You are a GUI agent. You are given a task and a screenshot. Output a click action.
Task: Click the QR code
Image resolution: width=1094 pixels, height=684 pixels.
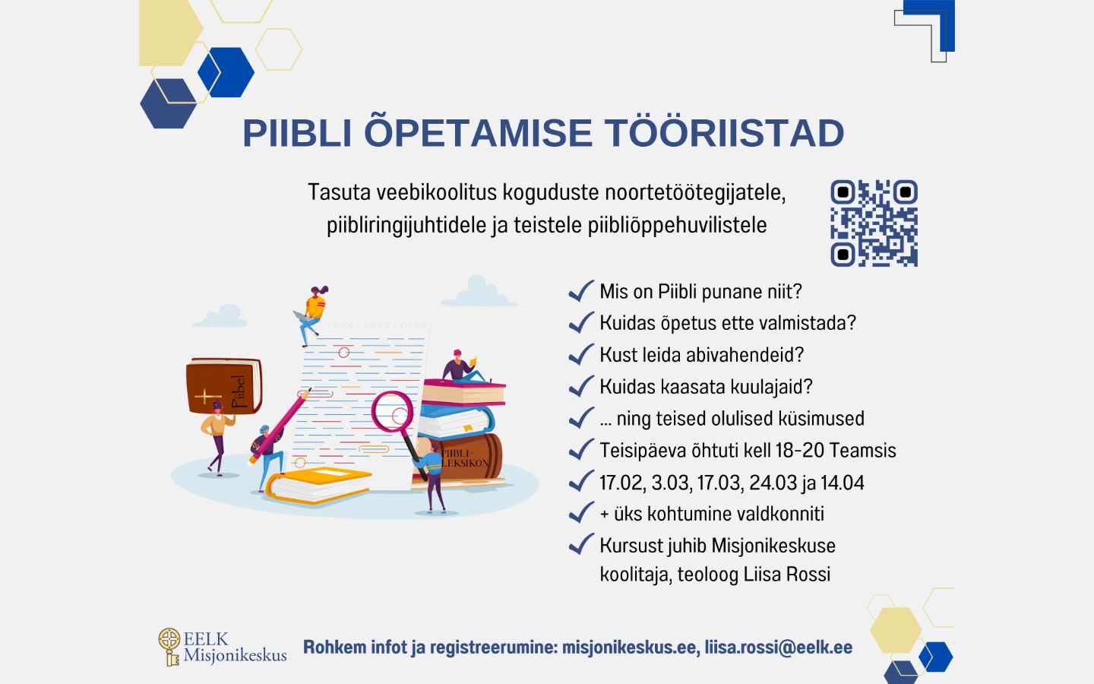pos(874,223)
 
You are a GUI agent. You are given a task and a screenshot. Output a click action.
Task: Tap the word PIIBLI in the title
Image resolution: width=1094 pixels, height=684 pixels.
pos(297,133)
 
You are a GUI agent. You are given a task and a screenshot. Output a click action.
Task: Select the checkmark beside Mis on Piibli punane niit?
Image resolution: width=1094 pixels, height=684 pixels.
pos(581,291)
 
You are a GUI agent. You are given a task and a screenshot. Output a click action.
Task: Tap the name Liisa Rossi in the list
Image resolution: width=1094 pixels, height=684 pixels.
pos(786,575)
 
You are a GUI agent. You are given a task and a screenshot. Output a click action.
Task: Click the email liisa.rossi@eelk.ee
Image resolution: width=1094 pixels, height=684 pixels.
pos(778,648)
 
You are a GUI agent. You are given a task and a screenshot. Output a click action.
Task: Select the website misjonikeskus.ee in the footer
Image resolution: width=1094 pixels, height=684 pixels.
pos(629,648)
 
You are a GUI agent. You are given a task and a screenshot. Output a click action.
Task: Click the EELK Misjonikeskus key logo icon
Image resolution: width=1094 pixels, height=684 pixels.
pos(169,646)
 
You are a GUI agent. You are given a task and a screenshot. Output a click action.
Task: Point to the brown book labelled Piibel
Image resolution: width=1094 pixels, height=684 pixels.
pos(224,386)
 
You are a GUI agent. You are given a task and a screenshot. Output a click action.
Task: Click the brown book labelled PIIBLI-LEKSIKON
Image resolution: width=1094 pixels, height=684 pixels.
pos(467,458)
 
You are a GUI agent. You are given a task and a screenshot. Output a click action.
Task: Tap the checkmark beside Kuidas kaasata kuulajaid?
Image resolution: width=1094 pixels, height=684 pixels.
pos(581,387)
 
